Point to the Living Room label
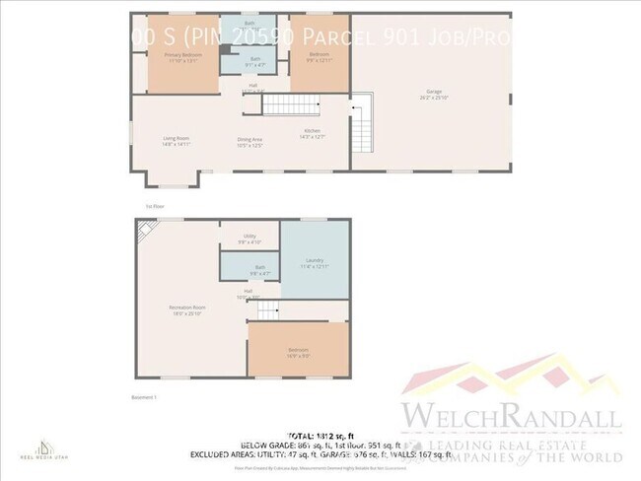point(177,140)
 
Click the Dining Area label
point(249,142)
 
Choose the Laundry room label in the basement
point(315,263)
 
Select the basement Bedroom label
point(298,352)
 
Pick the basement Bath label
point(260,269)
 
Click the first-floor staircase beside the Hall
point(296,105)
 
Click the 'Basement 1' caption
point(145,395)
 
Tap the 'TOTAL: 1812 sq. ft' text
point(320,435)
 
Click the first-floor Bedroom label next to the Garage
point(319,56)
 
